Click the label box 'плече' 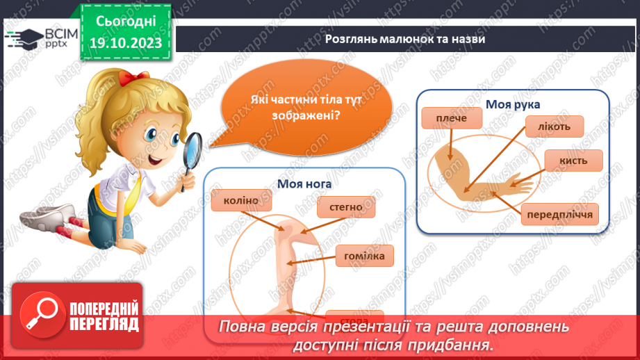pyautogui.click(x=452, y=120)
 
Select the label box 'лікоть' pyautogui.click(x=554, y=126)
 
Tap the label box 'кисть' pyautogui.click(x=573, y=161)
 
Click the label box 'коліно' pyautogui.click(x=241, y=202)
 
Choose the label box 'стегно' pyautogui.click(x=346, y=207)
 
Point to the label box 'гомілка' pyautogui.click(x=364, y=255)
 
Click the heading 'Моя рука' pyautogui.click(x=513, y=104)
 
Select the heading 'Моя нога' pyautogui.click(x=304, y=184)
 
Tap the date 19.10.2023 pyautogui.click(x=124, y=43)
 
